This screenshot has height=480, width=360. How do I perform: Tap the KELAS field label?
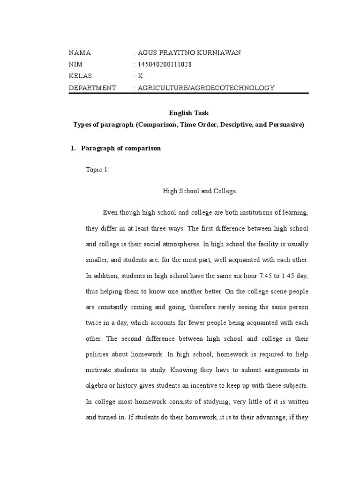[81, 76]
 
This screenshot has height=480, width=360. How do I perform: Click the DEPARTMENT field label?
[92, 88]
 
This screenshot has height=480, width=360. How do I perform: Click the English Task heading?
[188, 113]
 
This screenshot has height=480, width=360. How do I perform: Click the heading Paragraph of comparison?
[121, 148]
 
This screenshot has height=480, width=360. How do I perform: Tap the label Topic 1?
[97, 170]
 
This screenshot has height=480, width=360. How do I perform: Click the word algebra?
[97, 385]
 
